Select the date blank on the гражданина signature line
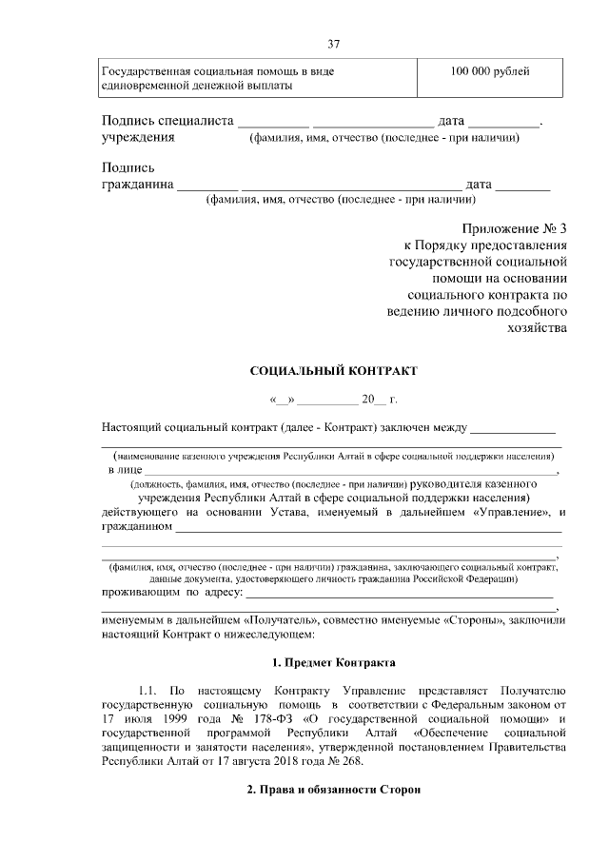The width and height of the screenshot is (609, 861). coord(522,185)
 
